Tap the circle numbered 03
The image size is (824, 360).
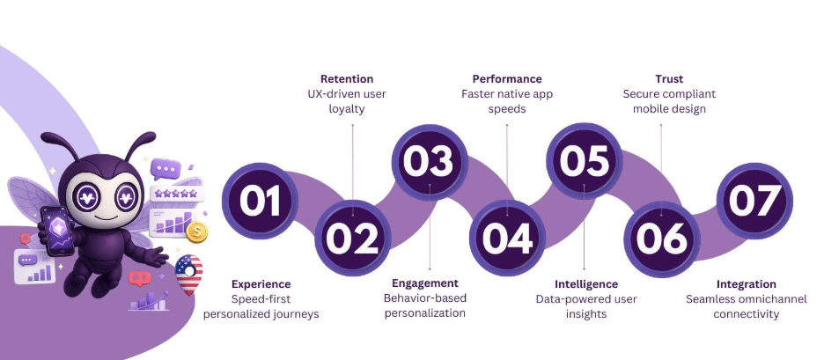429,162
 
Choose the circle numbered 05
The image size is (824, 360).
585,161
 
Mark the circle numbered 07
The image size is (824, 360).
752,202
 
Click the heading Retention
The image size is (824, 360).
347,78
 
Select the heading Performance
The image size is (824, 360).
507,78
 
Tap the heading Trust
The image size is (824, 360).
670,78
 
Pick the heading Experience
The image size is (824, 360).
261,284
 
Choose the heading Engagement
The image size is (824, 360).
426,283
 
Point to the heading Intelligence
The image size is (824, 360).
586,284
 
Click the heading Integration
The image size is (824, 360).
746,284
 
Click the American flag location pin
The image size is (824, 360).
188,272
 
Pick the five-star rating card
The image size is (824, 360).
175,192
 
